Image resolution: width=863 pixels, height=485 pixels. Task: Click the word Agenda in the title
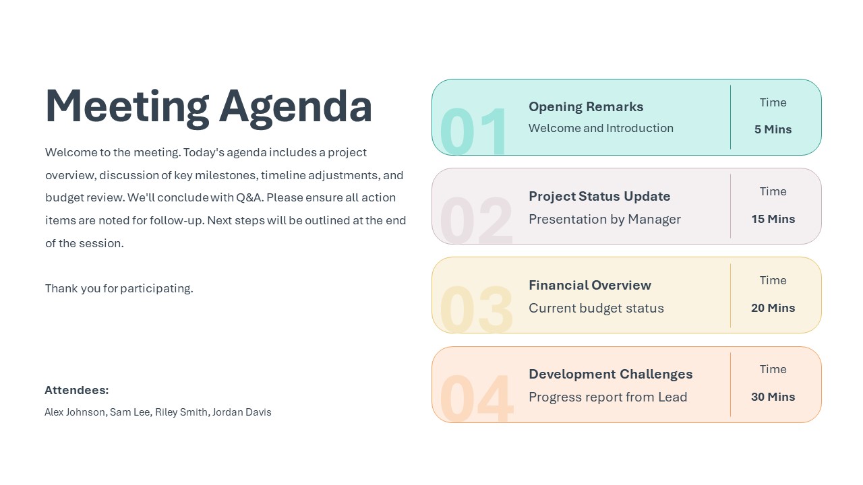tap(295, 106)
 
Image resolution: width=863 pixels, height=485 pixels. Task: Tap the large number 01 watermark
tap(474, 131)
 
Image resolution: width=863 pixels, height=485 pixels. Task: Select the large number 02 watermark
tap(476, 220)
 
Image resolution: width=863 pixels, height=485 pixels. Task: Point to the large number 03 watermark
tap(476, 309)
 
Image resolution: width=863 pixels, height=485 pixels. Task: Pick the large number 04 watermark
tap(476, 397)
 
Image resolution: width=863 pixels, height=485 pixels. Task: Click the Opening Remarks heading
tap(586, 106)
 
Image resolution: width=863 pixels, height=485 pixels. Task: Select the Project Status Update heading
tap(599, 196)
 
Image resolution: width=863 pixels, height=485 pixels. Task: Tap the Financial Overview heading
tap(590, 285)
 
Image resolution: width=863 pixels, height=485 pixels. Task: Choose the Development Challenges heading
tap(610, 374)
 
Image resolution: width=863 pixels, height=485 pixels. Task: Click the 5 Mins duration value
tap(773, 129)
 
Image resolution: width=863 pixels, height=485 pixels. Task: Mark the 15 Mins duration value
tap(773, 219)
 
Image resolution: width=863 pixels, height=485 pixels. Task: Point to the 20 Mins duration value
tap(773, 308)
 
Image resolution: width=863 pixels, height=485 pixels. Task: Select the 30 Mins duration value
tap(773, 397)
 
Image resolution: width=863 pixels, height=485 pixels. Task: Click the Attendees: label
tap(76, 390)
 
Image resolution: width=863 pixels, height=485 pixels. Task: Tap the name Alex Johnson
tap(75, 412)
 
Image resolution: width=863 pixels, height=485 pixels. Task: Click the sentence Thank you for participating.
tap(119, 288)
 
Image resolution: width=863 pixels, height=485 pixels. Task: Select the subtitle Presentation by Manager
tap(605, 219)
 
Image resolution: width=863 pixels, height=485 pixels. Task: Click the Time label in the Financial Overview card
tap(773, 280)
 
